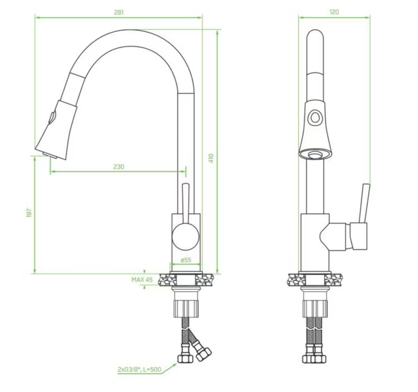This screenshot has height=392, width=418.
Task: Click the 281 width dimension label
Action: click(119, 13)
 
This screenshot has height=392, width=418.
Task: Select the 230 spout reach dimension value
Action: click(119, 167)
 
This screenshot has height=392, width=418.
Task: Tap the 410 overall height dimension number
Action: click(211, 158)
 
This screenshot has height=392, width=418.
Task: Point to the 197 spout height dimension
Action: click(29, 213)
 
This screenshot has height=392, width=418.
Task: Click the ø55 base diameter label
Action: click(186, 260)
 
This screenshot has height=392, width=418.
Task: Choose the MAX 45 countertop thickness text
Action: click(142, 280)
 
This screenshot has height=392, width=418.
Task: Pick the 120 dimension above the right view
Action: click(334, 12)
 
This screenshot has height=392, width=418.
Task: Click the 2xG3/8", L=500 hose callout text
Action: click(140, 370)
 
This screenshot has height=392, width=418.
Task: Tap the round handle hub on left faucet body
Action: click(185, 236)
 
